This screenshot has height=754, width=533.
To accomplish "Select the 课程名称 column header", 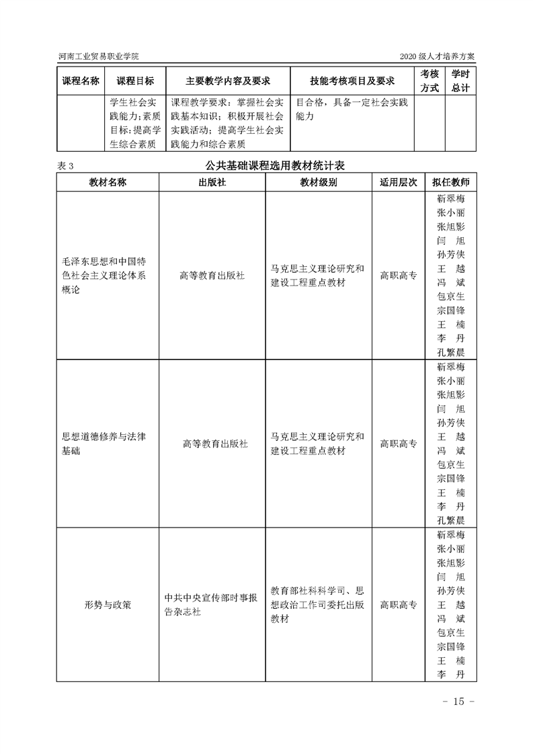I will (81, 81).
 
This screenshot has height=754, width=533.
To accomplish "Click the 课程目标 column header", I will (135, 81).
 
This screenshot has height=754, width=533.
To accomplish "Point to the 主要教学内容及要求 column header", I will (228, 81).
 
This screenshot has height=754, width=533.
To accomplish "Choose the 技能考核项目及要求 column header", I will (352, 81).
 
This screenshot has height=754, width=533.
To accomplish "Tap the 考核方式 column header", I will (429, 81).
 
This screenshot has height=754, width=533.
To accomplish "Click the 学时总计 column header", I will (460, 81).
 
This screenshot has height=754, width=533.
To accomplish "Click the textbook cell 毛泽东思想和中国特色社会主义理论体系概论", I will (108, 276).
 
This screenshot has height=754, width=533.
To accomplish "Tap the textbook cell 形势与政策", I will (108, 605).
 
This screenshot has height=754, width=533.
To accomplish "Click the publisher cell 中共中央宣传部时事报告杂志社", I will (212, 605).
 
